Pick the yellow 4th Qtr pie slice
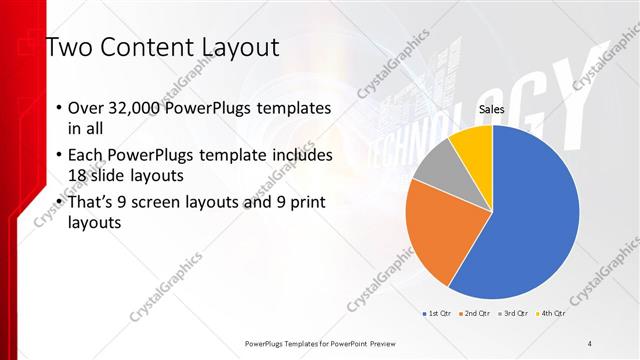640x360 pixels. pyautogui.click(x=473, y=146)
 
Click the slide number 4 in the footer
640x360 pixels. pyautogui.click(x=590, y=344)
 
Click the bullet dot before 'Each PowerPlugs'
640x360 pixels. pyautogui.click(x=58, y=156)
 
